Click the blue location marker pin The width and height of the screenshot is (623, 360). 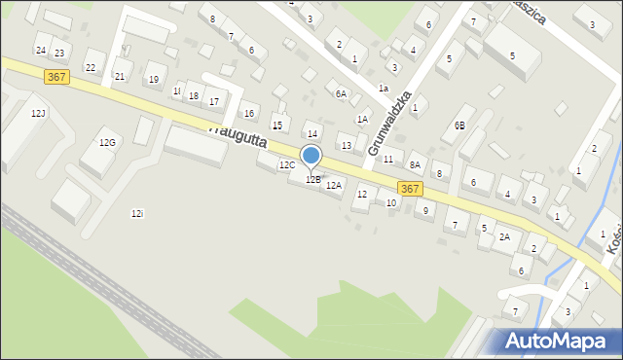311,157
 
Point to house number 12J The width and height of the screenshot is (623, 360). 38,114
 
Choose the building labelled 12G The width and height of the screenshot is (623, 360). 107,143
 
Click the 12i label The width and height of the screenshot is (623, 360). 136,213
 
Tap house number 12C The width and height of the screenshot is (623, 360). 287,165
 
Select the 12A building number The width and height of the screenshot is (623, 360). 334,185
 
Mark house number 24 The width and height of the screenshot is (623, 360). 40,50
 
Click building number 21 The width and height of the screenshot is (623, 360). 120,76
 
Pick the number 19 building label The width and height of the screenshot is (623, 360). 153,80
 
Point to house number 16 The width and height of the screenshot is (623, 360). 249,114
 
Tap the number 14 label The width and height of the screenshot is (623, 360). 312,134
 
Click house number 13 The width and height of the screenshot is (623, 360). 346,146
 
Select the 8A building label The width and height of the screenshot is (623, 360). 415,165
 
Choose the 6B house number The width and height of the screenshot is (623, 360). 459,126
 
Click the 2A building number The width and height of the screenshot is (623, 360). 504,236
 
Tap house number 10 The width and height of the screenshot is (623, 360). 391,202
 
